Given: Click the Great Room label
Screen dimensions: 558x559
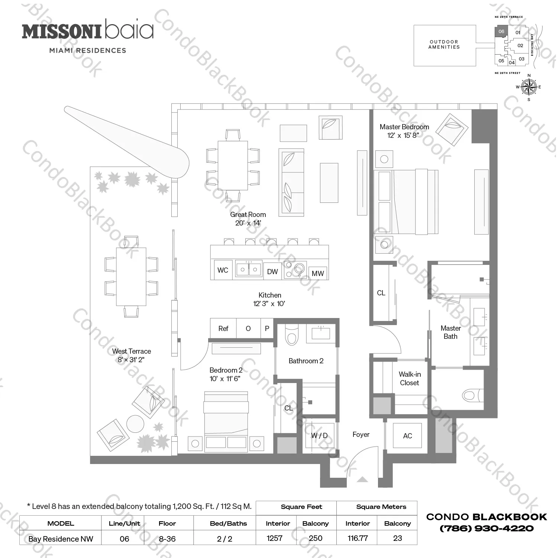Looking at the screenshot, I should click(248, 215).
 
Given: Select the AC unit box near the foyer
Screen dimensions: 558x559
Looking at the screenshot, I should click(407, 436).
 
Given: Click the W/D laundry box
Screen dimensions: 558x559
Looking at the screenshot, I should click(319, 435).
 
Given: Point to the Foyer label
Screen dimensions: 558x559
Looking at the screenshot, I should click(361, 435).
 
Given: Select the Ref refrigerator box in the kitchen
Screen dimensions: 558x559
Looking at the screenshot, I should click(223, 328).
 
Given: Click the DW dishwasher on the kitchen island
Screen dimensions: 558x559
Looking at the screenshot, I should click(272, 272).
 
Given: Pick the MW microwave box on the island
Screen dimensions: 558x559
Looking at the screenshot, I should click(318, 273).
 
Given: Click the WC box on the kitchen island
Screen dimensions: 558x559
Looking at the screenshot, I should click(223, 270).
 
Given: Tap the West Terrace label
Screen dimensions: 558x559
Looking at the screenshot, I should click(132, 351).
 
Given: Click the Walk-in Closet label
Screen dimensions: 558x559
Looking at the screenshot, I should click(410, 379).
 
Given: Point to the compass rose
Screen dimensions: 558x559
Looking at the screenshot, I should click(529, 87).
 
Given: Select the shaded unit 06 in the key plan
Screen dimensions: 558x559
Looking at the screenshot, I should click(501, 32).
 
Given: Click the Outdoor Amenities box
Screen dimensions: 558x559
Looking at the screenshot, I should click(445, 45).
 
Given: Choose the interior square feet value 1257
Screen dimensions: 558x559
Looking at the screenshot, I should click(275, 538).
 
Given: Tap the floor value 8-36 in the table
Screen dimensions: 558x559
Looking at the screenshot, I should click(167, 539).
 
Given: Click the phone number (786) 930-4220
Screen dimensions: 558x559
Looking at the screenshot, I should click(487, 528).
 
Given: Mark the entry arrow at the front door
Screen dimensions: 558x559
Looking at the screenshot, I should click(362, 480).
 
